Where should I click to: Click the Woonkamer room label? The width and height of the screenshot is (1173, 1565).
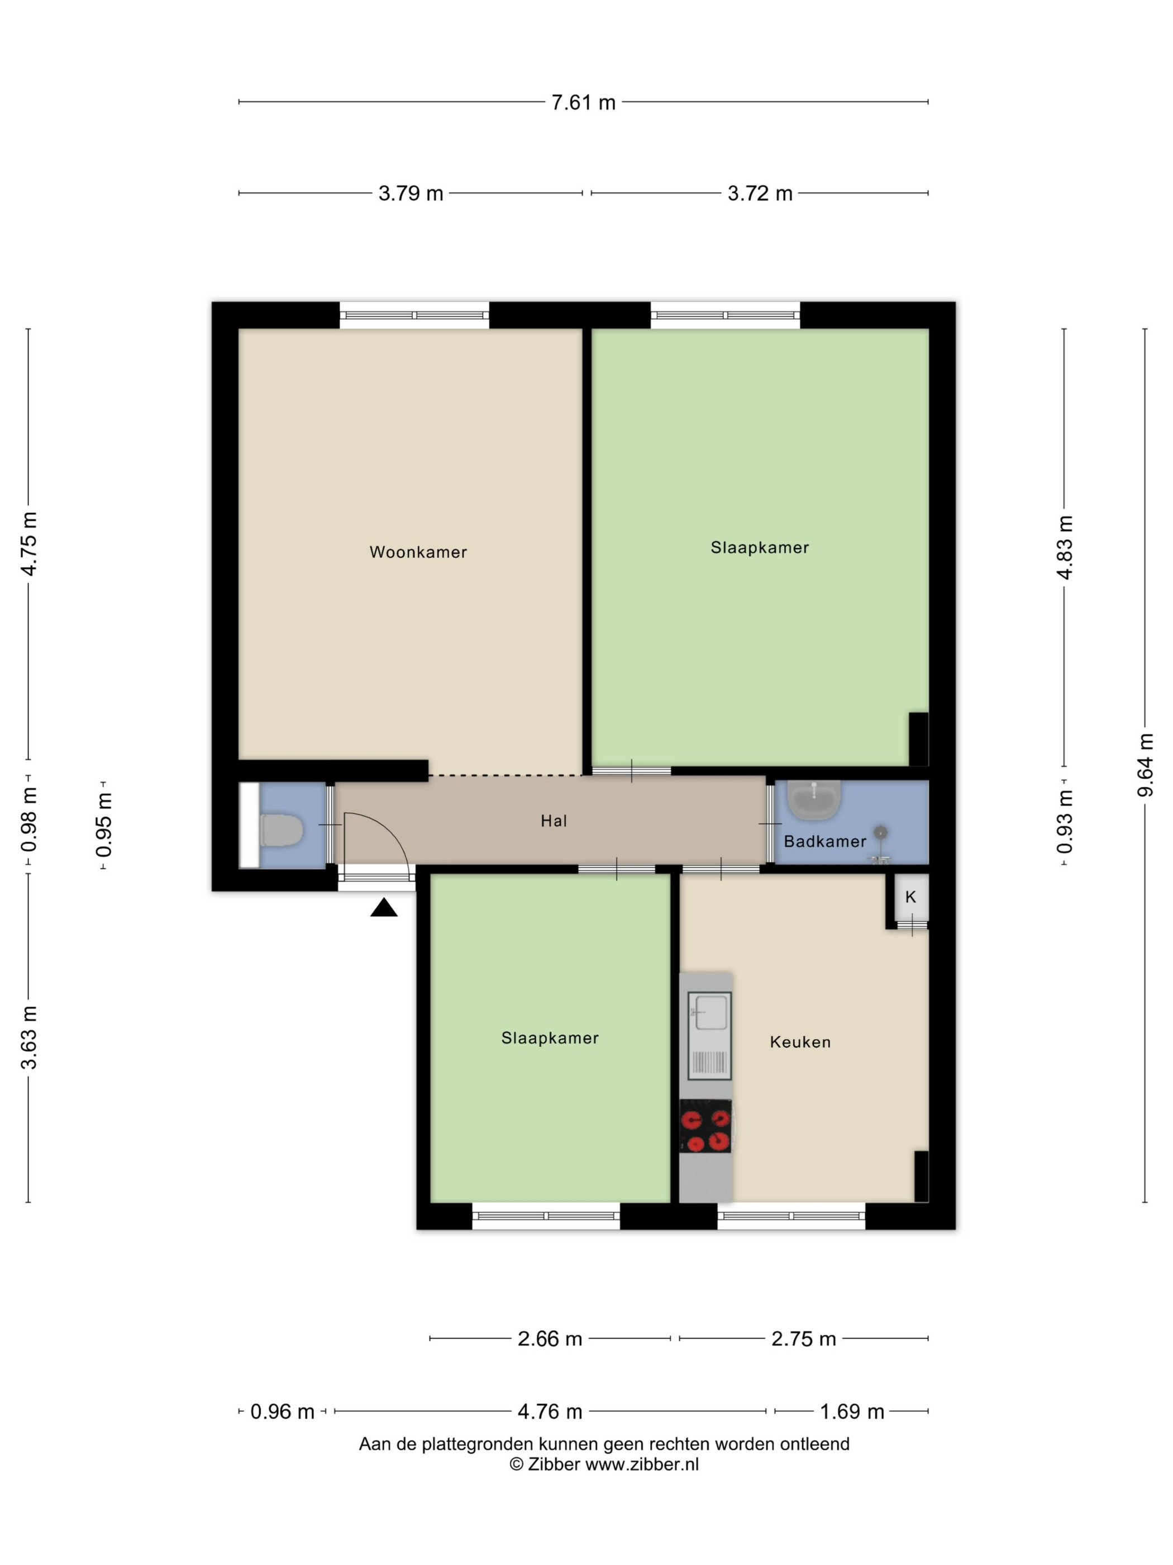click(x=418, y=552)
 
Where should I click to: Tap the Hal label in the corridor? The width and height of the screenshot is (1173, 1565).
click(x=554, y=821)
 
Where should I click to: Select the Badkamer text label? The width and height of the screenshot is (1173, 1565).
click(x=825, y=841)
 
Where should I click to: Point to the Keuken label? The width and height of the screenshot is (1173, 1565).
click(x=800, y=1041)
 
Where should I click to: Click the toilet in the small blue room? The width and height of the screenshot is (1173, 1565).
click(x=282, y=830)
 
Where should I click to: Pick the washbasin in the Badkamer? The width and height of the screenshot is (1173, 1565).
click(x=814, y=800)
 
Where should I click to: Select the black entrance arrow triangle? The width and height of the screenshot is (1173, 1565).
click(x=384, y=908)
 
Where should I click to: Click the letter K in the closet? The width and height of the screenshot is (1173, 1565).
click(x=910, y=897)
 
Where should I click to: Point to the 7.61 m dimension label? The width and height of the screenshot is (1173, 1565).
click(x=583, y=103)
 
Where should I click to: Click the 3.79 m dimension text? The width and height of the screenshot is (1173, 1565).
click(x=411, y=193)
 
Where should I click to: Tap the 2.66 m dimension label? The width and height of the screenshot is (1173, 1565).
click(x=550, y=1339)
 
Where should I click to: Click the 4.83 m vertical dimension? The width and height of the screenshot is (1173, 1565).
click(x=1064, y=548)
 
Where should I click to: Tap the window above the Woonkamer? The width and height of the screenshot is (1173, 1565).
click(x=414, y=315)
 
